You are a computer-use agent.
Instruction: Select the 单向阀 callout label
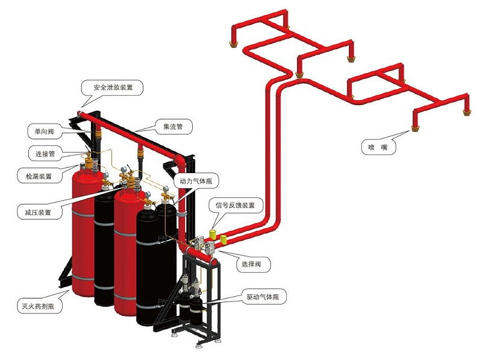[x=44, y=130]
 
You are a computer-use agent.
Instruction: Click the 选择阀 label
[x=252, y=264]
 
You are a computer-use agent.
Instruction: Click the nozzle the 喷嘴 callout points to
[x=414, y=127]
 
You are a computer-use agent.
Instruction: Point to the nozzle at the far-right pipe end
[x=465, y=110]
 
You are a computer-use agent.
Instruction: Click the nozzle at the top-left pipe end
[x=232, y=43]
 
